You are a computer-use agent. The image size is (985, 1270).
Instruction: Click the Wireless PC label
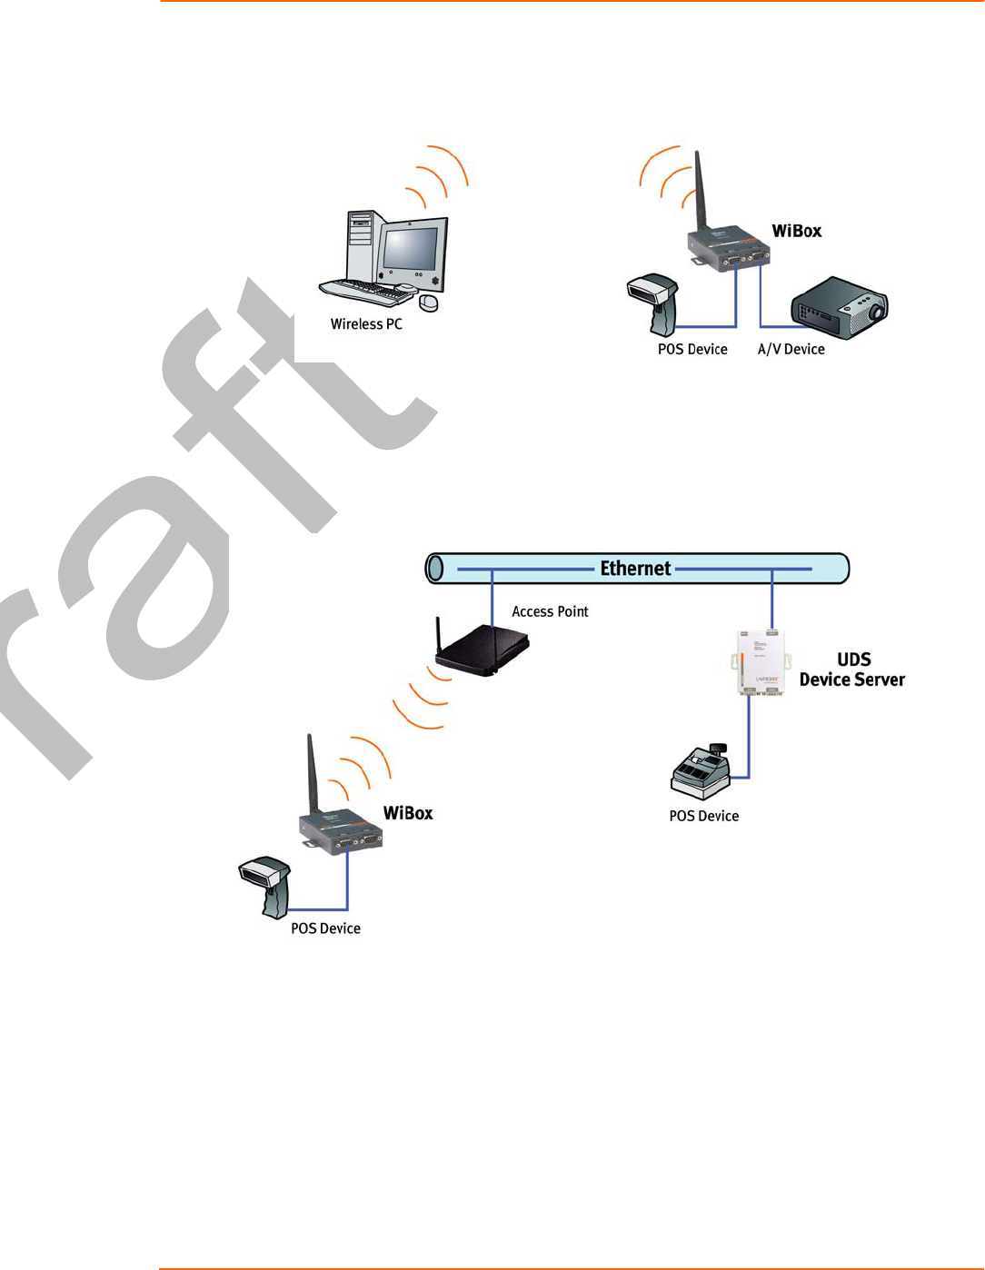coord(366,324)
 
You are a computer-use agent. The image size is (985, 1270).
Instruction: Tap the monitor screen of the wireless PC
coord(411,248)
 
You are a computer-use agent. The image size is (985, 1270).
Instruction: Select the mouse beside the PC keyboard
coord(428,302)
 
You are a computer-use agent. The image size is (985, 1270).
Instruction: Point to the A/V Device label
coord(791,350)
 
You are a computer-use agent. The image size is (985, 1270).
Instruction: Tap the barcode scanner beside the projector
coord(654,303)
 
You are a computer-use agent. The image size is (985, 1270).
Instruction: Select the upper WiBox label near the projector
coord(796,232)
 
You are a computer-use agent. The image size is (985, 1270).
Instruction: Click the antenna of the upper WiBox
coord(700,191)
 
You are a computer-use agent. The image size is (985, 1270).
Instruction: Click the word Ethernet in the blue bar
coord(635,569)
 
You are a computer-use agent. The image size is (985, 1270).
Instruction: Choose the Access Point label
coord(550,612)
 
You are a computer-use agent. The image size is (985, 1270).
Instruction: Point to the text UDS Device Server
coord(852,670)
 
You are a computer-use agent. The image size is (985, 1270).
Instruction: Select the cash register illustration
coord(700,773)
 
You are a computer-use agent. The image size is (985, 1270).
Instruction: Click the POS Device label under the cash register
coord(703,817)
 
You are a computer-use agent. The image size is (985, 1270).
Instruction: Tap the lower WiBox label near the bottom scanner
coord(408,814)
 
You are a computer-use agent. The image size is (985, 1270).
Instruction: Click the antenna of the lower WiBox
coord(312,772)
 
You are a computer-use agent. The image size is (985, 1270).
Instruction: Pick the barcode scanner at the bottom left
coord(266,885)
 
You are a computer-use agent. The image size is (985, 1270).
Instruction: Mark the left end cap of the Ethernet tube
coord(435,569)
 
